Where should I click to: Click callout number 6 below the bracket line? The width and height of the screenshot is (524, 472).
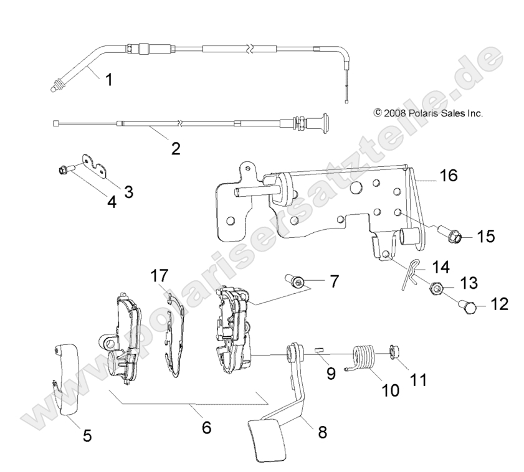tap(206, 428)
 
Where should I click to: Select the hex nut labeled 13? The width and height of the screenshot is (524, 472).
tap(435, 288)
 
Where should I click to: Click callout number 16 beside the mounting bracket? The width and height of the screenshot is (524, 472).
tap(449, 176)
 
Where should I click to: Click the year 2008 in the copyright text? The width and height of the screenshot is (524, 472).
tap(395, 113)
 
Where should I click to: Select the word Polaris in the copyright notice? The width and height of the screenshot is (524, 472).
tap(424, 113)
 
